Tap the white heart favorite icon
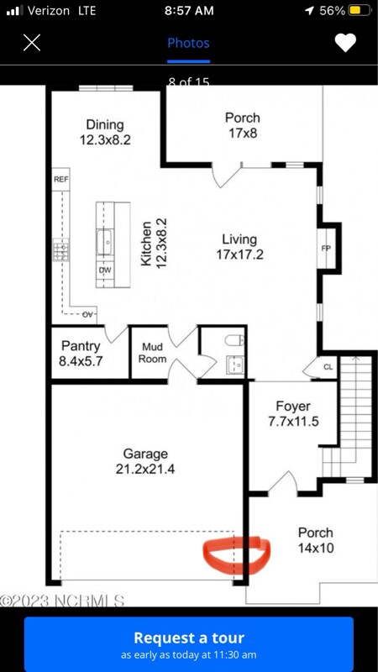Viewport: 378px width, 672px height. click(345, 43)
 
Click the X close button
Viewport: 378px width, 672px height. click(32, 43)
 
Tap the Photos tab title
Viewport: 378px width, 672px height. click(188, 43)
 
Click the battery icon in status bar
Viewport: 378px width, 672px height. click(359, 11)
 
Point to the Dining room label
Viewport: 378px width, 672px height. click(105, 133)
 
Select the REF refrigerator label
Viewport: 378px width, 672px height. click(60, 180)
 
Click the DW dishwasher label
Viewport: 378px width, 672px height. click(105, 270)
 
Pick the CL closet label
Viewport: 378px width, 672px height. click(329, 367)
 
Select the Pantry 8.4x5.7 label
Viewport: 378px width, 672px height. click(81, 353)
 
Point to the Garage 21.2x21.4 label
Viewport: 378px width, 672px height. click(145, 461)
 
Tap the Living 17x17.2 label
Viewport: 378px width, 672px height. click(239, 246)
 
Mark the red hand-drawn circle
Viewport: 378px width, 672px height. click(236, 555)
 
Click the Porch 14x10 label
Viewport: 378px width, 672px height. click(315, 540)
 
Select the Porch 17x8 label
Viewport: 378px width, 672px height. click(243, 125)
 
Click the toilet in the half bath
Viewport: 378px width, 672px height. click(233, 342)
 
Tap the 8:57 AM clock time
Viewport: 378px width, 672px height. click(189, 11)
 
